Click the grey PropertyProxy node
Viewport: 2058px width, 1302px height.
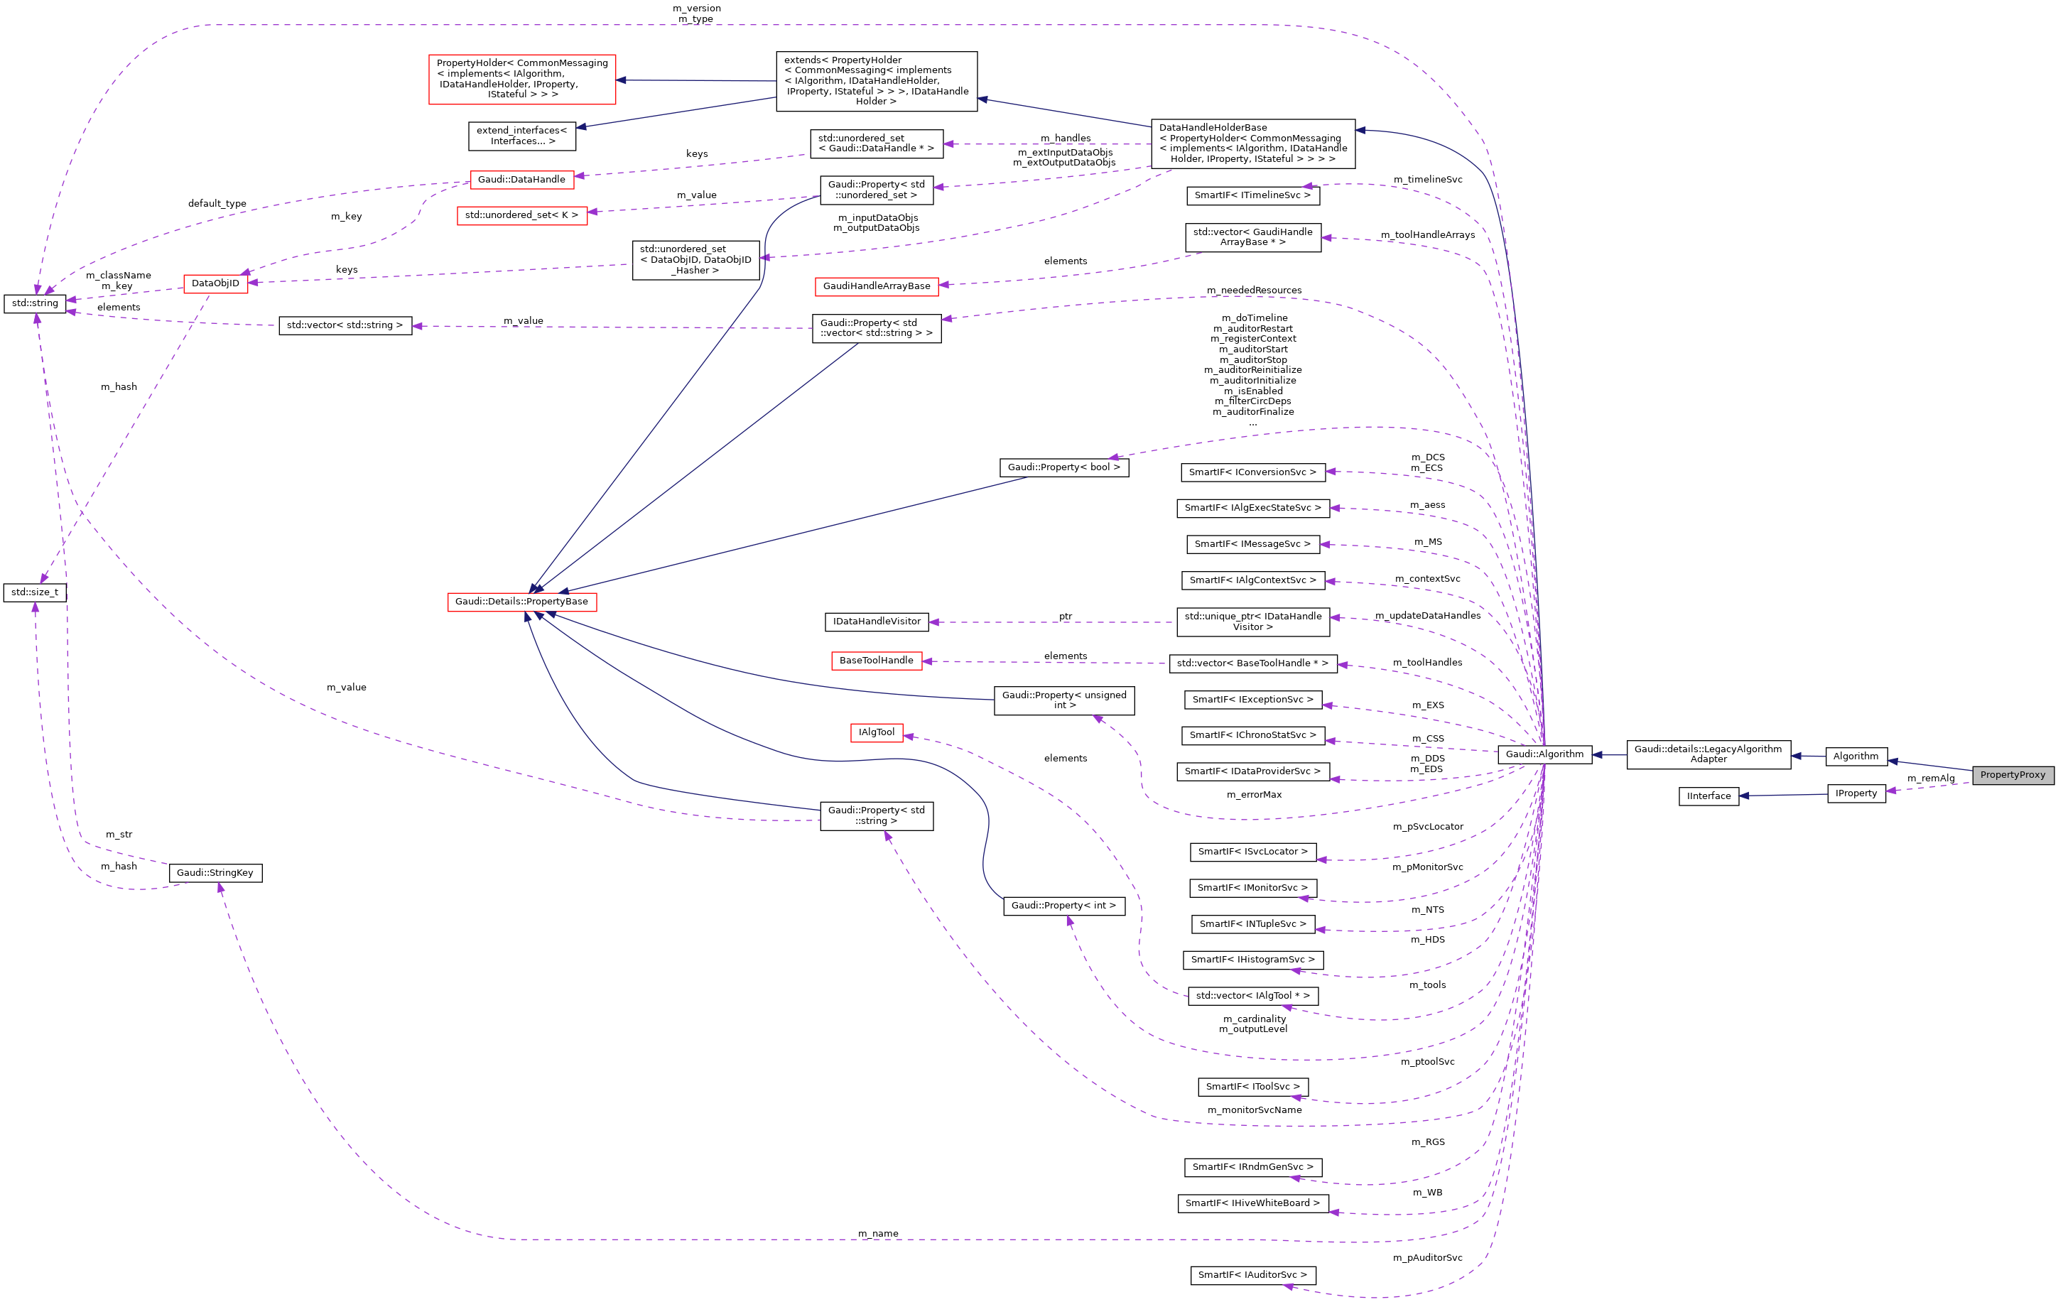[x=2012, y=775]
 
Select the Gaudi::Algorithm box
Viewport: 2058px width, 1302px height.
[x=1544, y=754]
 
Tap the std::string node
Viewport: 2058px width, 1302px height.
[x=35, y=303]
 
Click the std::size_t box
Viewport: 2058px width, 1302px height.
[x=35, y=592]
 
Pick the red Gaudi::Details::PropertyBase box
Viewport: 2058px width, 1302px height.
[x=521, y=602]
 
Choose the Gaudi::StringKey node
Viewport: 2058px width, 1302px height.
[x=215, y=872]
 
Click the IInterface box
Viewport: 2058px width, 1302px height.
[x=1708, y=796]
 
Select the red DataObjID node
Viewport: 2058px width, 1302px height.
[x=215, y=283]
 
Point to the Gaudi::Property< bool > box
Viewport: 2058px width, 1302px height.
[x=1063, y=467]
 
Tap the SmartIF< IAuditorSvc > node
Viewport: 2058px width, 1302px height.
[x=1252, y=1275]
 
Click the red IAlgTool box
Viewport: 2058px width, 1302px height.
[x=876, y=732]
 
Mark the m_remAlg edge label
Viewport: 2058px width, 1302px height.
[x=1931, y=779]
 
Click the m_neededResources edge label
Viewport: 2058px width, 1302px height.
[x=1254, y=291]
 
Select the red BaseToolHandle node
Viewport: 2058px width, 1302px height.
[x=876, y=661]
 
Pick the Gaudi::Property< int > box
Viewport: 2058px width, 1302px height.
[x=1063, y=906]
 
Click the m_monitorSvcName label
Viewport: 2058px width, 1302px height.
[x=1254, y=1110]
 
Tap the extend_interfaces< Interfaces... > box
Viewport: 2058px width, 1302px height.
[x=521, y=136]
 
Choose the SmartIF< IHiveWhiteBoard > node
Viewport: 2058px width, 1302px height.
[x=1252, y=1203]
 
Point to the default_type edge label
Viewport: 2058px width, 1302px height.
[x=217, y=203]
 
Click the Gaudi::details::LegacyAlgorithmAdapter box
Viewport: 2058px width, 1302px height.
[x=1708, y=754]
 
